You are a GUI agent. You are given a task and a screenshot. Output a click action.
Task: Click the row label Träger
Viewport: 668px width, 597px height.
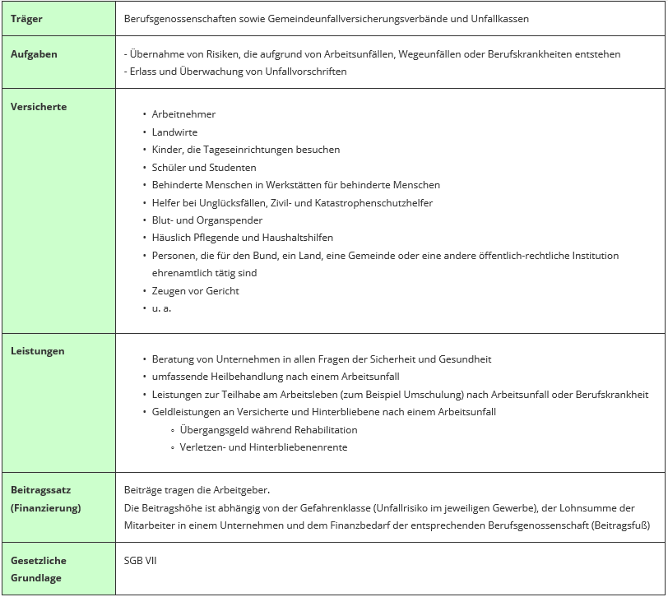point(27,18)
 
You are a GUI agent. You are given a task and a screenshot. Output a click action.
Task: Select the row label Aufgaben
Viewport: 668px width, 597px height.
point(34,54)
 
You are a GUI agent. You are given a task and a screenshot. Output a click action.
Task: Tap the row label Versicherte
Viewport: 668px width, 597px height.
point(39,107)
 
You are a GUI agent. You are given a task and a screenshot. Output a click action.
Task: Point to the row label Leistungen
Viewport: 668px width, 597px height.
point(37,351)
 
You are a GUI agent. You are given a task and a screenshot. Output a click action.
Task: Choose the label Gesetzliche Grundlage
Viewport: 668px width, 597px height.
point(39,569)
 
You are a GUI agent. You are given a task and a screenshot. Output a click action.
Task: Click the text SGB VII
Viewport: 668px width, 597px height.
point(140,561)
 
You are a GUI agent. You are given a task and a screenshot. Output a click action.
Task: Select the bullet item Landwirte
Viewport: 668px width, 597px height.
point(174,132)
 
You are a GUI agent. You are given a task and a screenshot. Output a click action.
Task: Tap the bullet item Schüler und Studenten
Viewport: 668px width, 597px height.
point(204,168)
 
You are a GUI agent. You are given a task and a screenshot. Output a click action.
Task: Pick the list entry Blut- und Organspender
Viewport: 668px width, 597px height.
point(207,220)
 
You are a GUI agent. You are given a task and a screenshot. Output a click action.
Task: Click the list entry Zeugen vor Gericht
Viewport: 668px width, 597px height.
point(196,291)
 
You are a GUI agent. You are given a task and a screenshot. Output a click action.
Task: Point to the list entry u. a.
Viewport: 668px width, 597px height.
point(161,308)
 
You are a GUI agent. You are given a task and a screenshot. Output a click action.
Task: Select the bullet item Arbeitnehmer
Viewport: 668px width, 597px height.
point(183,114)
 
